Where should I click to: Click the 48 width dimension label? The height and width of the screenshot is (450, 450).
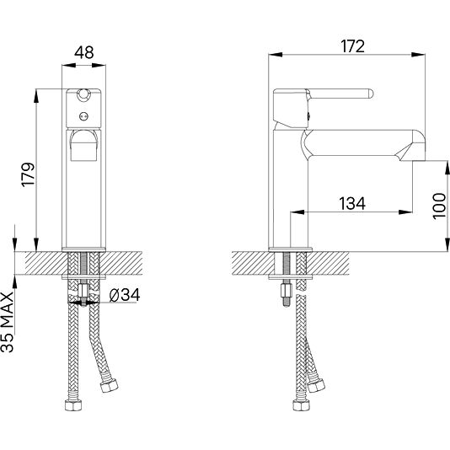coord(83,52)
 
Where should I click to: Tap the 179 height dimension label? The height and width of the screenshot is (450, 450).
coord(28,174)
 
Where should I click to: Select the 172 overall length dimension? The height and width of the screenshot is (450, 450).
coord(353,46)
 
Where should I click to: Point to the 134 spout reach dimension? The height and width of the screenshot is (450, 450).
coord(352,203)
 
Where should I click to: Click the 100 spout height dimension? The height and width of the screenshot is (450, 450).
coord(439,206)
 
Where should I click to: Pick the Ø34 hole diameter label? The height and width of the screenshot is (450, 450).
coord(125,295)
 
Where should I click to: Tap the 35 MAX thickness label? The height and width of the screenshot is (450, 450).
coord(8,322)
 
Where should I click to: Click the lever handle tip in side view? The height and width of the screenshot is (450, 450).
coord(370,94)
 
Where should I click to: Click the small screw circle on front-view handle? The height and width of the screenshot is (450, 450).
coord(83,116)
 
